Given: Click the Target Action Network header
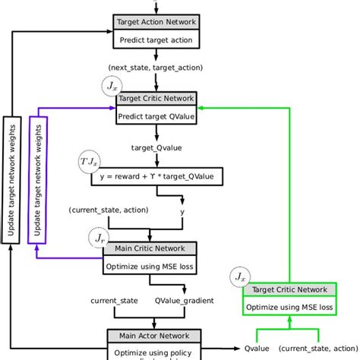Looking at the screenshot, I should tap(156, 23).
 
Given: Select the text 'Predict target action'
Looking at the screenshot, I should tap(156, 39).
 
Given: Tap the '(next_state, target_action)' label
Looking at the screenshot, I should tap(156, 67).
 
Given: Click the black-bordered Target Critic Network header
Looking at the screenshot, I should tap(156, 99).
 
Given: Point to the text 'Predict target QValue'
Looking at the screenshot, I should tap(156, 116).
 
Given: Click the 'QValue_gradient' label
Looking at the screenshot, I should tap(185, 301).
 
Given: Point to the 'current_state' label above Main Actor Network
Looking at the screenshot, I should tap(114, 301).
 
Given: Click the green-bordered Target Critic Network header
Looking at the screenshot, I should tap(289, 289).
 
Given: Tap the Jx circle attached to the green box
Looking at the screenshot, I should tap(240, 276).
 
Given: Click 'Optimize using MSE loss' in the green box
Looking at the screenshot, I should tap(289, 307).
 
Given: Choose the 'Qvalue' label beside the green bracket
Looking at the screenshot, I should tap(258, 349).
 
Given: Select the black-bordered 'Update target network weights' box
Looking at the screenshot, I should tap(10, 179).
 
